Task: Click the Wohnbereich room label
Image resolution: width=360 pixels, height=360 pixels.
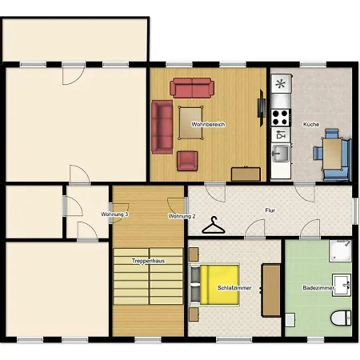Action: point(208,124)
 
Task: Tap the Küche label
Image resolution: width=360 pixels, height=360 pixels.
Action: point(311,124)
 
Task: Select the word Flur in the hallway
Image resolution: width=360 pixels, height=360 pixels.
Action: point(270,210)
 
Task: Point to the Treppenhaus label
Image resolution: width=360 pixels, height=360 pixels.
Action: point(148,261)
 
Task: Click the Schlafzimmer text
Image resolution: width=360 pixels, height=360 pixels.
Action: point(234,288)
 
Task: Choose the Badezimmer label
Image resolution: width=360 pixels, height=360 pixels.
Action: point(318,288)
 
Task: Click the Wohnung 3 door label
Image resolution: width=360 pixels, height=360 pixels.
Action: point(114,214)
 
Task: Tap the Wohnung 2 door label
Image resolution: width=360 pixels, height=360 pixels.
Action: point(182,216)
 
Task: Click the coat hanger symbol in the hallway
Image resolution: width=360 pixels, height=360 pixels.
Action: point(214,226)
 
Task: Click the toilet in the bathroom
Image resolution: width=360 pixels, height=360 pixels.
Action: point(341,318)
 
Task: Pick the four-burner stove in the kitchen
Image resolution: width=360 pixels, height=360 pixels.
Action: point(281,118)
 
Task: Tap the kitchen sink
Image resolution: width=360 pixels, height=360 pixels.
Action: point(281,154)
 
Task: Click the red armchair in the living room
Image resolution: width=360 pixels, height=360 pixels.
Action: point(187,161)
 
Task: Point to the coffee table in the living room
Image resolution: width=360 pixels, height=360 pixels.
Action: point(190,122)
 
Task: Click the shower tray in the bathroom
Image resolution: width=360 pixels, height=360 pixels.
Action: point(340,250)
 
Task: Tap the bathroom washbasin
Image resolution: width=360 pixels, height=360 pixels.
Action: point(342,285)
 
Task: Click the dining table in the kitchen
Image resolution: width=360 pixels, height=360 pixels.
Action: point(332,154)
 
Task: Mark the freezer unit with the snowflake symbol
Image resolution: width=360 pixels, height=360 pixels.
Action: point(281,84)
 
